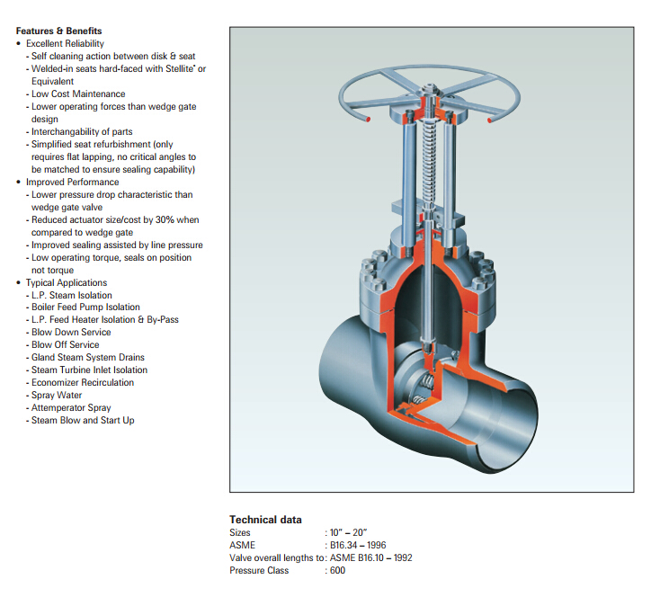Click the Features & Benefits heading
tap(59, 31)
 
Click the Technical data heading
tap(265, 520)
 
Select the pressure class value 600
tap(337, 570)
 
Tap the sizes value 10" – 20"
tap(348, 532)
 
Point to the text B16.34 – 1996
tap(358, 545)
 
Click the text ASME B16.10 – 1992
tap(371, 557)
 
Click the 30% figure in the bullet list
tap(165, 219)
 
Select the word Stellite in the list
tap(180, 68)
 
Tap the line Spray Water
tap(57, 395)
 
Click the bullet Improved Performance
tap(72, 182)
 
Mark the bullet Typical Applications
tap(67, 282)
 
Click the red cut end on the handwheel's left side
tap(368, 120)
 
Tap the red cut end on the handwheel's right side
tap(489, 120)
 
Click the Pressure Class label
tap(259, 570)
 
